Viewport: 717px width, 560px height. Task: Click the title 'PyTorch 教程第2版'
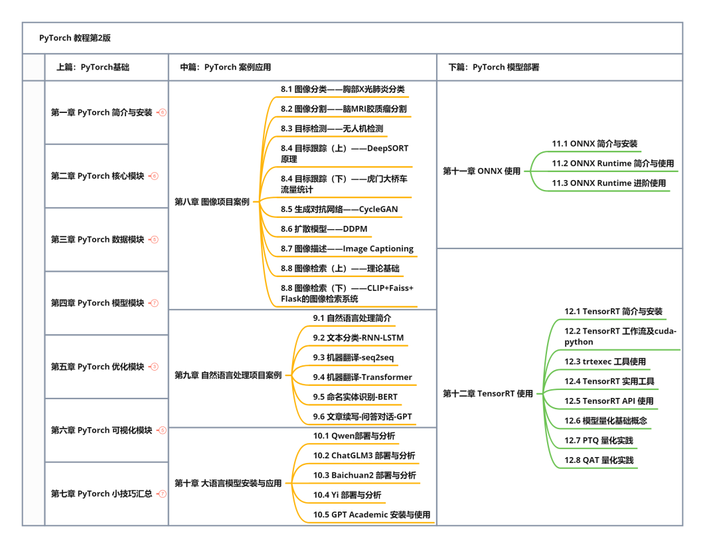tap(75, 38)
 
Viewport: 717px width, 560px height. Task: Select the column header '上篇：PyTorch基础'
tap(93, 67)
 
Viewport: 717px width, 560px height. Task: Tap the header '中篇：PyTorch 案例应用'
tap(226, 67)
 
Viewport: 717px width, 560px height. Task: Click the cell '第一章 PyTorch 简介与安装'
tap(102, 113)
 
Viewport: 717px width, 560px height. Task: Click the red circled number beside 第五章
tap(155, 367)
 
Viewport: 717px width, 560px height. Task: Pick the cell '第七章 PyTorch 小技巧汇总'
tap(102, 494)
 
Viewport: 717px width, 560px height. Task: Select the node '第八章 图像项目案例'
tap(212, 201)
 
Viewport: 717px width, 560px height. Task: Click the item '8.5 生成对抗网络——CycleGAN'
tap(339, 209)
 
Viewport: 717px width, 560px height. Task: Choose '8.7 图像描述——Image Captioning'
tap(347, 249)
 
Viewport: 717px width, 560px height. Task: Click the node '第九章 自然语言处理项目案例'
tap(228, 375)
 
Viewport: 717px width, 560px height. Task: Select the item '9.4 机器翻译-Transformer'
tap(362, 377)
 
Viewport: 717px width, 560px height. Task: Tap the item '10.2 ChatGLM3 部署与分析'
tap(364, 456)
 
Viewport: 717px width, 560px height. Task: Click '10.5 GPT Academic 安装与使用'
tap(371, 515)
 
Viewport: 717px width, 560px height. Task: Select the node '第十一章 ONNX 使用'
tap(481, 171)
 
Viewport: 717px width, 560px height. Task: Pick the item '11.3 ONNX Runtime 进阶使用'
tap(609, 183)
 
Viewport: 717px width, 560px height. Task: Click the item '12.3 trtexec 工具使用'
tap(605, 362)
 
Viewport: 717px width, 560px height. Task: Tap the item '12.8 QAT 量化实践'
tap(599, 460)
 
